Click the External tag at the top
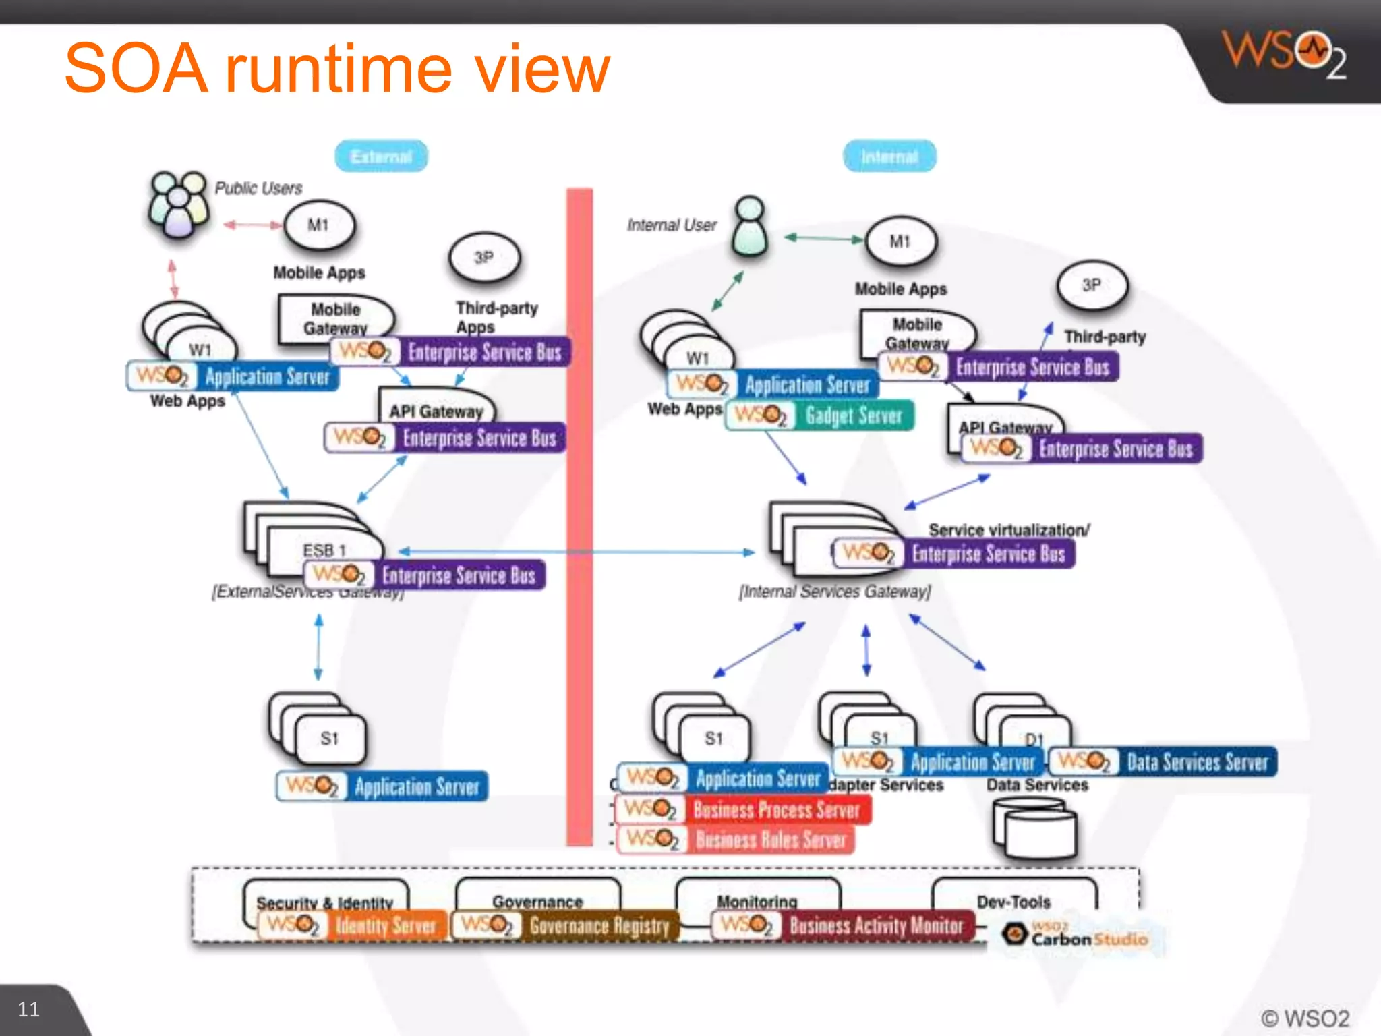tap(381, 156)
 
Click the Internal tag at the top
tap(889, 156)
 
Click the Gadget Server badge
tap(820, 415)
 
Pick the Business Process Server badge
tap(743, 809)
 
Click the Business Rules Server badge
tap(736, 840)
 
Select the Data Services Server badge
tap(1163, 762)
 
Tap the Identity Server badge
tap(352, 925)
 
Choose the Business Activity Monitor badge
tap(843, 925)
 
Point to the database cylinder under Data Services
tap(1034, 828)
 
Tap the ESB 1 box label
tap(324, 550)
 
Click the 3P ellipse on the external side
tap(484, 258)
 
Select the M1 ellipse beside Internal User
tap(900, 241)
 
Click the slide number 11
tap(28, 1009)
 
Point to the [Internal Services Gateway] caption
tap(835, 592)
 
